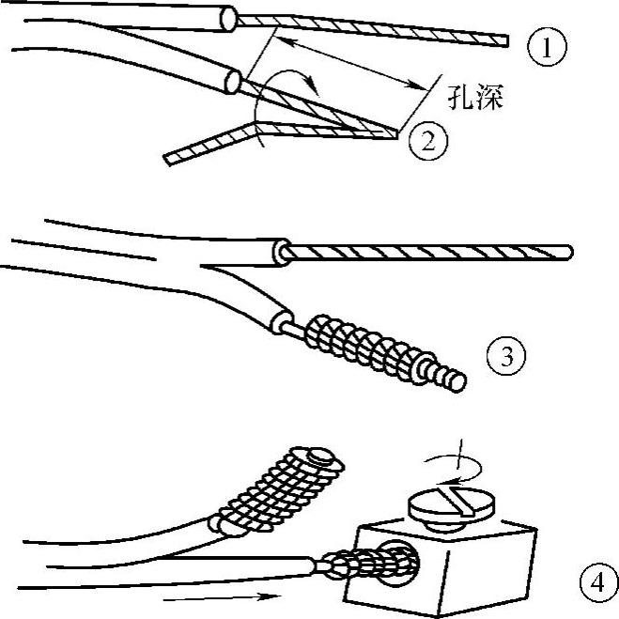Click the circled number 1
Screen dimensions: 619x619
547,46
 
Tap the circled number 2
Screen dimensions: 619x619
426,140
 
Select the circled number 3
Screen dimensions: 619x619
506,356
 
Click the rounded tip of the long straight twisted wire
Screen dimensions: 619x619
569,252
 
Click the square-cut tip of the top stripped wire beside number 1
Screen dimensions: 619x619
503,39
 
